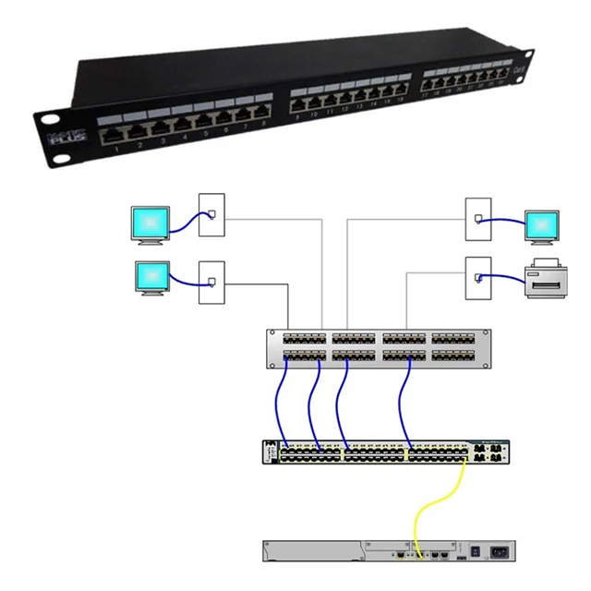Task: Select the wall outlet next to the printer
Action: point(477,275)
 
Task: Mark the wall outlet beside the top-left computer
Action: point(211,215)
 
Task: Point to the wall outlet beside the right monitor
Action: point(477,219)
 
